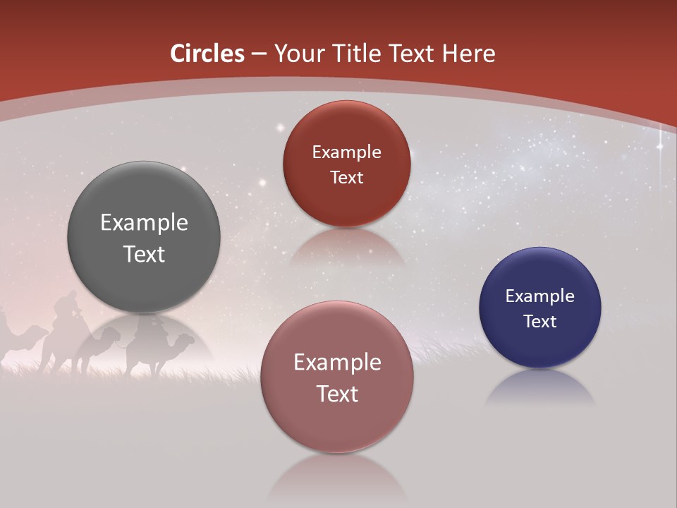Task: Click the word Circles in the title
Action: pos(207,54)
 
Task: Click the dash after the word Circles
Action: pos(259,54)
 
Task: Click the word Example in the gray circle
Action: pos(144,223)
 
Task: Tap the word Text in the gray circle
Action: pos(144,254)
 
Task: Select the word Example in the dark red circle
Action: pos(346,152)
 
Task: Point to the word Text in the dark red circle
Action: pos(346,178)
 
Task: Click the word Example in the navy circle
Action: pos(539,296)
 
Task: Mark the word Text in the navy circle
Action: pos(539,322)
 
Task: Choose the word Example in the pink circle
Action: pos(336,363)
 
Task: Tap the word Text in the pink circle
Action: pos(336,394)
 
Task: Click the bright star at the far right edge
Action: pos(661,147)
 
